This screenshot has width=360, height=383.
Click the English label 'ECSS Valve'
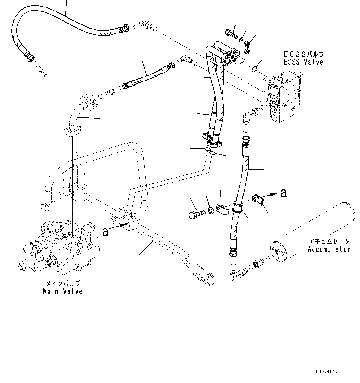point(303,62)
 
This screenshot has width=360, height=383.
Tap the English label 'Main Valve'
point(63,291)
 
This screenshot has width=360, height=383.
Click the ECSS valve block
point(284,96)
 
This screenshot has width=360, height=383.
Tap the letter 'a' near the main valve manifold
point(106,231)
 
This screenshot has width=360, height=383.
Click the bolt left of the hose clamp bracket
point(197,214)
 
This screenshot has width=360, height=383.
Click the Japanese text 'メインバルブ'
point(63,283)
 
